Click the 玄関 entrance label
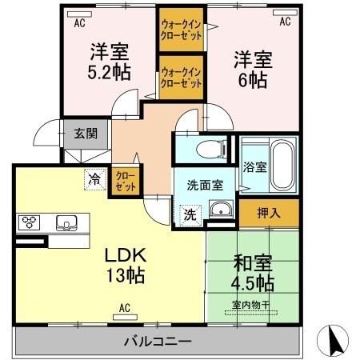[85, 134]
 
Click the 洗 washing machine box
[190, 214]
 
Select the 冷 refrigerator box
[95, 179]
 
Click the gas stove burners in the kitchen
[30, 222]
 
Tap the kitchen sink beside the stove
[64, 222]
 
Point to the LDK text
[126, 257]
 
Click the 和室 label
[249, 262]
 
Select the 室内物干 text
[250, 303]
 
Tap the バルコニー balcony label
[157, 342]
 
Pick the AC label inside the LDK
[124, 307]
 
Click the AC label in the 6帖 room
[284, 23]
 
